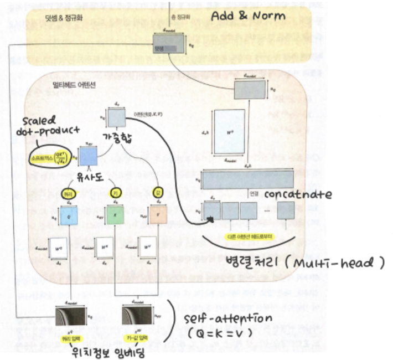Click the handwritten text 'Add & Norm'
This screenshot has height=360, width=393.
(x=255, y=15)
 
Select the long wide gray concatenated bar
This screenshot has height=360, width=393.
(x=247, y=180)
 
